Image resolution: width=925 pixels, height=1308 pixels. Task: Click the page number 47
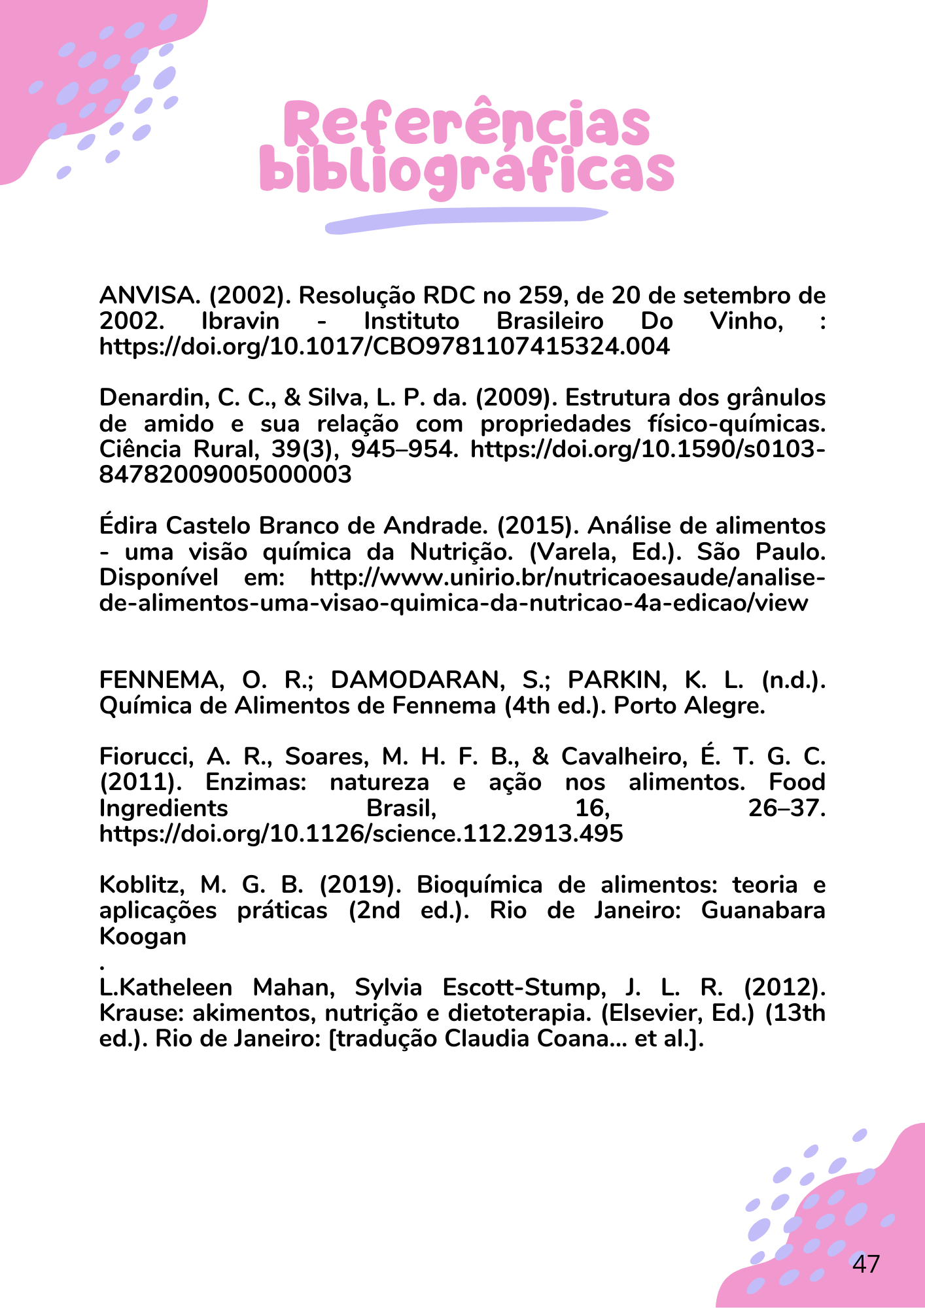pos(866,1264)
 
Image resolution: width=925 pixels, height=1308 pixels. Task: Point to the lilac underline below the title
pos(466,219)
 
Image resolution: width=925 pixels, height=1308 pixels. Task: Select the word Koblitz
pos(138,885)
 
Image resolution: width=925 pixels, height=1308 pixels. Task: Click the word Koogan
pos(143,937)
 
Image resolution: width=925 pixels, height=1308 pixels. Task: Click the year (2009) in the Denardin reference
pos(516,398)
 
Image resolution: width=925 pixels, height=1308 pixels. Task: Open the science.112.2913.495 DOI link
pos(361,834)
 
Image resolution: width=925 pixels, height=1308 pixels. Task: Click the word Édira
pos(128,526)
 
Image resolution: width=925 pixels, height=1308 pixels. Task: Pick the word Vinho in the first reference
pos(747,322)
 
